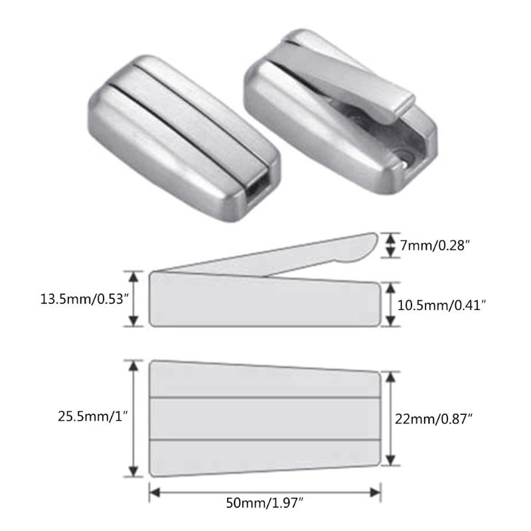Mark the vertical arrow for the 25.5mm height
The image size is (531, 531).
[135, 417]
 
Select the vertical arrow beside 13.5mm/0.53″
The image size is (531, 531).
[135, 298]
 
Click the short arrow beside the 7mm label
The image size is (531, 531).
[388, 246]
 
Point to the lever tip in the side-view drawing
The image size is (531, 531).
[362, 246]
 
